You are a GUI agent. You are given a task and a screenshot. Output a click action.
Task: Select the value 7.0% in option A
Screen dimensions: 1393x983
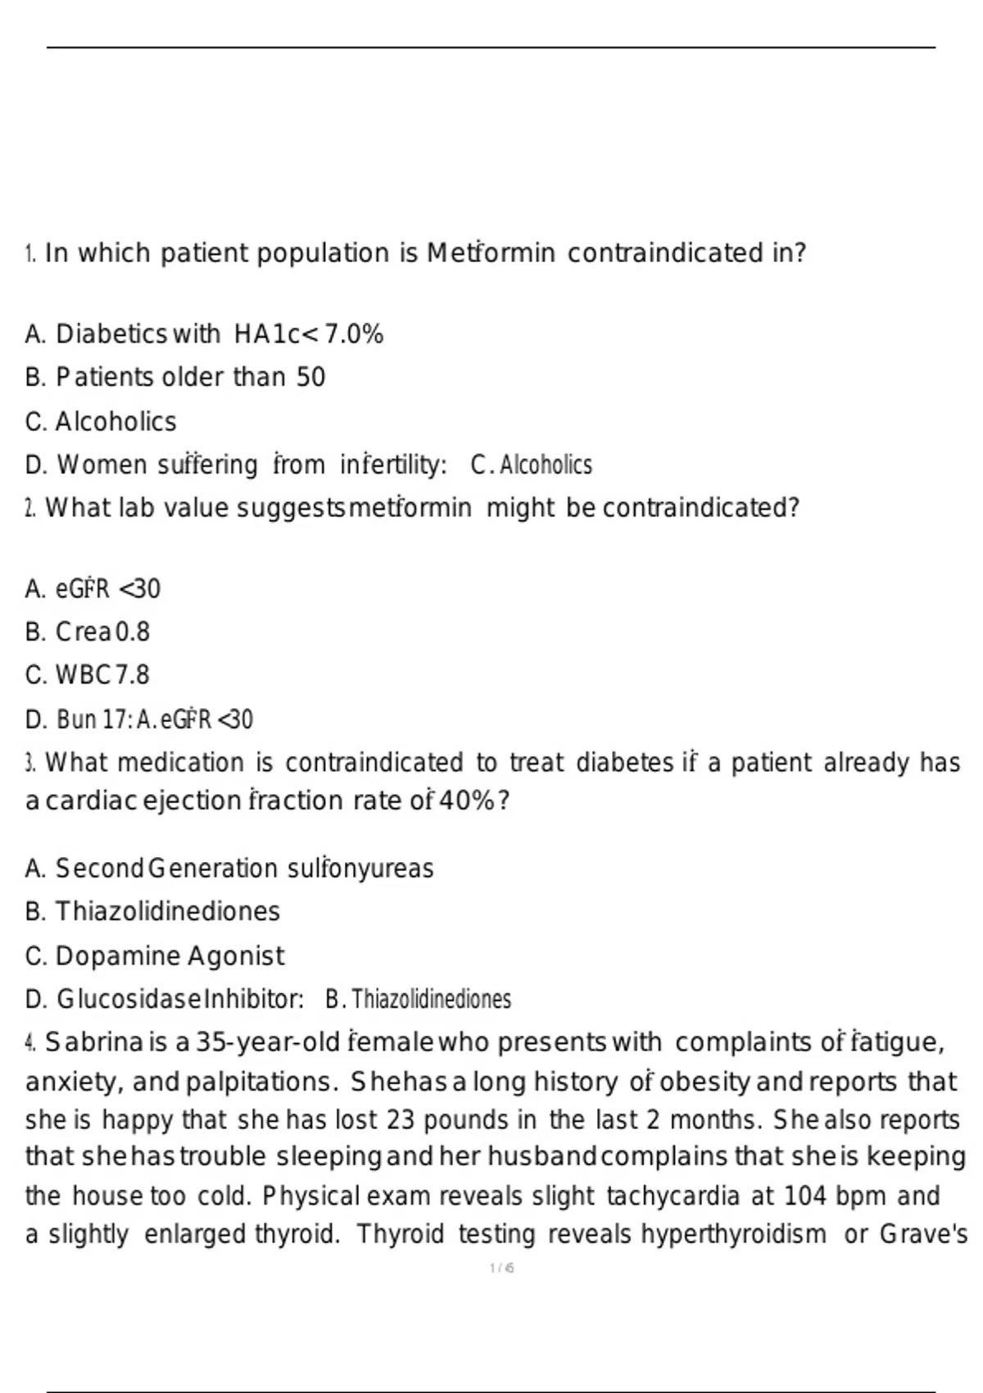[x=354, y=334]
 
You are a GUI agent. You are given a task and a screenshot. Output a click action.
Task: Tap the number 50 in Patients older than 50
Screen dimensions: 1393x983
[x=310, y=377]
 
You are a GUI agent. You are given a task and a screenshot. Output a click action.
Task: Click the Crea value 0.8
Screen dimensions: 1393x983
[x=133, y=632]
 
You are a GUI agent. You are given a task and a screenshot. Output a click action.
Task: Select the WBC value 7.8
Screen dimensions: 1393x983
[x=132, y=675]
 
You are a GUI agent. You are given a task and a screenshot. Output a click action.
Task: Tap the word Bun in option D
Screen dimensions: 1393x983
[x=76, y=719]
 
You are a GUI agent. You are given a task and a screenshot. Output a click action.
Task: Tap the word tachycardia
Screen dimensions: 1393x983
[x=673, y=1196]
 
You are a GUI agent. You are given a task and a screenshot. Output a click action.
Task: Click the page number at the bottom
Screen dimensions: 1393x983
[x=501, y=1268]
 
